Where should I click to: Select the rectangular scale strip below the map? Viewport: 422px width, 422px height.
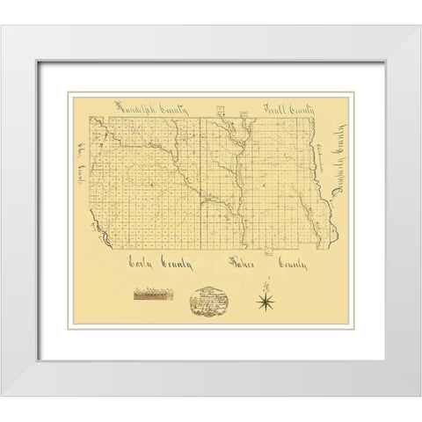(x=155, y=295)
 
